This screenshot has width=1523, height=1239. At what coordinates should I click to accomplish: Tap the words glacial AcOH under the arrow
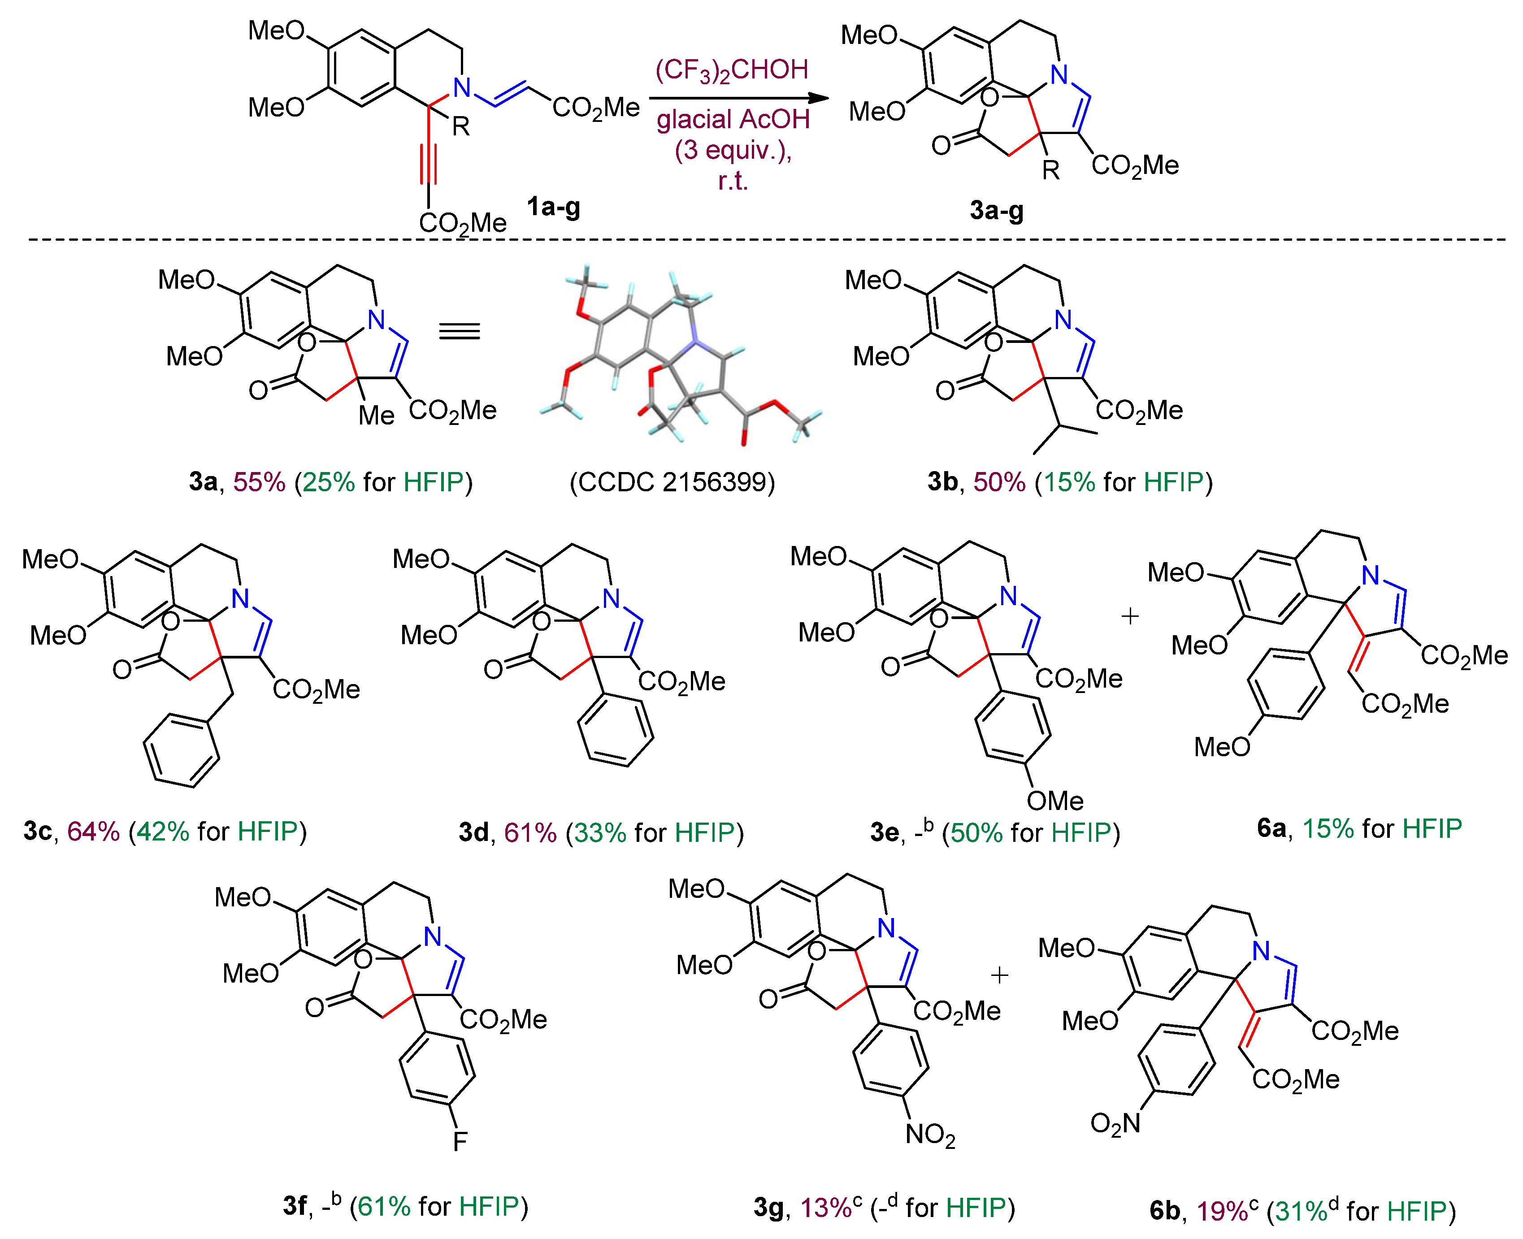point(733,119)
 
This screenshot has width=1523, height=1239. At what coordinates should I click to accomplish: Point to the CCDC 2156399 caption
point(672,482)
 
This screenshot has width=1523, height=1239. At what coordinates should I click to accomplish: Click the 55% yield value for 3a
point(259,482)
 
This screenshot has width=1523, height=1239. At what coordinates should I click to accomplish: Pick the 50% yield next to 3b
point(999,482)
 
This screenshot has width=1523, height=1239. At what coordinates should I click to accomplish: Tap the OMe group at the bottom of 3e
point(1055,801)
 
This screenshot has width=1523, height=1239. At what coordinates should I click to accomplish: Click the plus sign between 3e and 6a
point(1130,616)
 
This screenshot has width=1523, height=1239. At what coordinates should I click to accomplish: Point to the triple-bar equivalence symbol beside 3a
point(460,331)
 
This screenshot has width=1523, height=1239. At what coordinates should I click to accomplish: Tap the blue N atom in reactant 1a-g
point(463,88)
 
